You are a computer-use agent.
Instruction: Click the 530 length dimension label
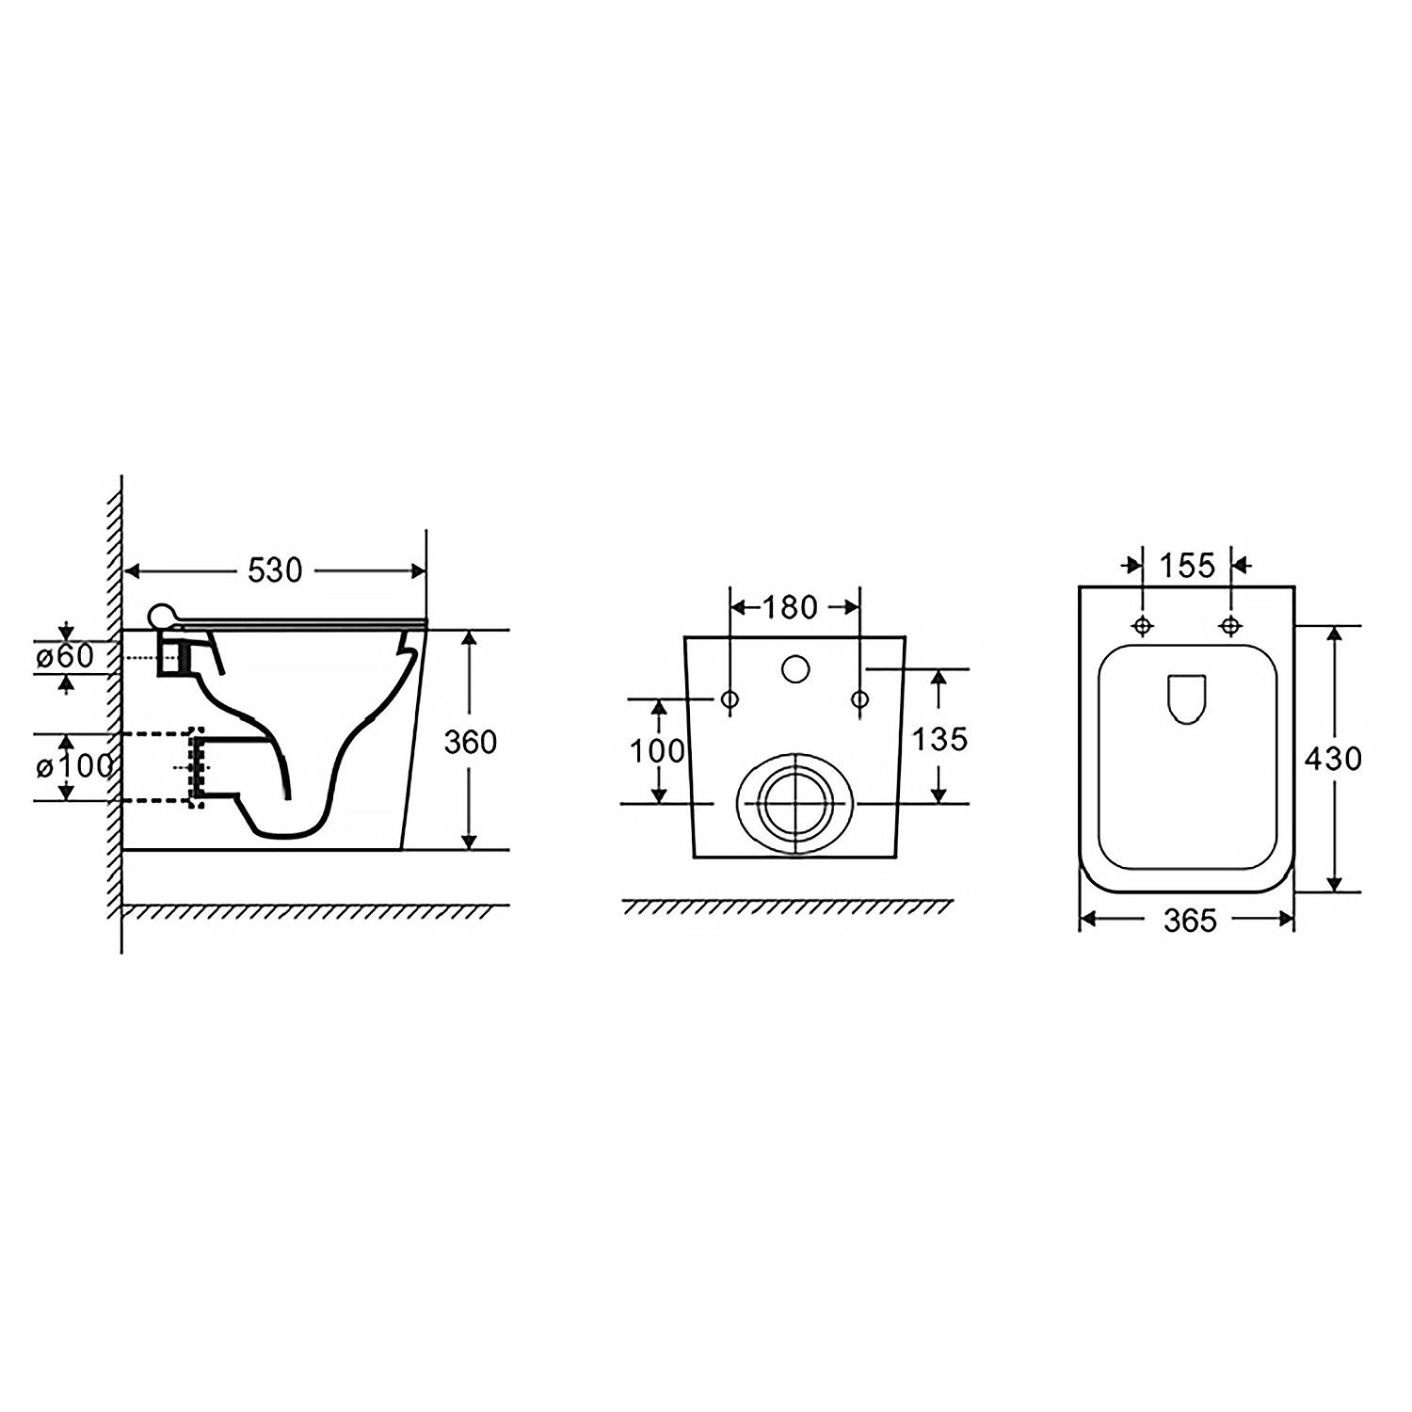[x=275, y=570]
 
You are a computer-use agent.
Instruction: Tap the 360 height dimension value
[x=470, y=742]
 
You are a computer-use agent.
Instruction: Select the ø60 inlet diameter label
[x=65, y=656]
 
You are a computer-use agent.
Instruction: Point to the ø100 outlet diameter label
[x=74, y=766]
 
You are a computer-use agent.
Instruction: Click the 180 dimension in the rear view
[x=790, y=607]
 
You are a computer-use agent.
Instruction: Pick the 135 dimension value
[x=940, y=739]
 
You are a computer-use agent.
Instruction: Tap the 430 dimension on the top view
[x=1333, y=758]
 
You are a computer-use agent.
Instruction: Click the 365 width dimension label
[x=1190, y=920]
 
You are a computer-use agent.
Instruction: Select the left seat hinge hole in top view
[x=1143, y=625]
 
